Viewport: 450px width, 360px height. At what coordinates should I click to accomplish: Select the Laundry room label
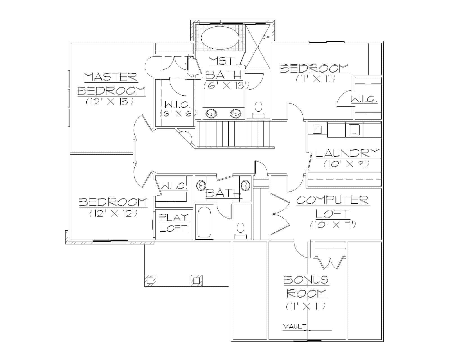[x=348, y=153]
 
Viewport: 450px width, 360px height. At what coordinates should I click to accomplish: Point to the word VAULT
[x=294, y=327]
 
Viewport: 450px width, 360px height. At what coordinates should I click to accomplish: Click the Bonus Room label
[x=306, y=287]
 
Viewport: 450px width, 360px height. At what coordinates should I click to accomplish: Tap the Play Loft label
[x=174, y=222]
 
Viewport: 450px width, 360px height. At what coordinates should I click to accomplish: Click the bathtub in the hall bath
[x=204, y=222]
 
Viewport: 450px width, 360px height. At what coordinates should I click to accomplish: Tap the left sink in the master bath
[x=211, y=113]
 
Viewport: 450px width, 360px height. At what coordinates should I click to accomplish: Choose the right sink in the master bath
[x=235, y=113]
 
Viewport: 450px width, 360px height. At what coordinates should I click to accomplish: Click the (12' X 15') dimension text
[x=109, y=101]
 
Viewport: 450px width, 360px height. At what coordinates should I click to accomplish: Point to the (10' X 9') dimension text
[x=346, y=164]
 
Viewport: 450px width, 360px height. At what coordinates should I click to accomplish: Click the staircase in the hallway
[x=233, y=134]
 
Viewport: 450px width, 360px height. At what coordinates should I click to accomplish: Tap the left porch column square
[x=150, y=280]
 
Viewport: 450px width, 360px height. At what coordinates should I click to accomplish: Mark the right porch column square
[x=196, y=280]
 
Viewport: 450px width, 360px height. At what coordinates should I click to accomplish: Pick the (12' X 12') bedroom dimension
[x=113, y=213]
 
